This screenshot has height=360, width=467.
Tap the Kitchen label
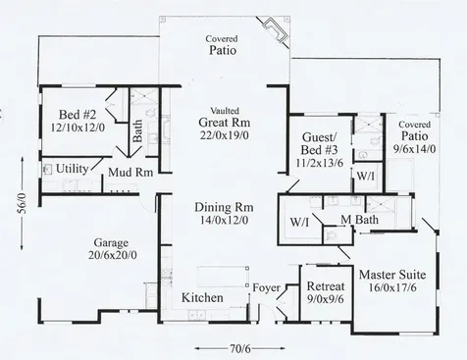[203, 297]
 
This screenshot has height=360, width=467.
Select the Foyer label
[266, 288]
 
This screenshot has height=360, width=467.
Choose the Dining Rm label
[213, 208]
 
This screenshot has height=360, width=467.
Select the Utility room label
[74, 169]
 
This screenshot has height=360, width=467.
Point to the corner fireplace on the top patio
[279, 35]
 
